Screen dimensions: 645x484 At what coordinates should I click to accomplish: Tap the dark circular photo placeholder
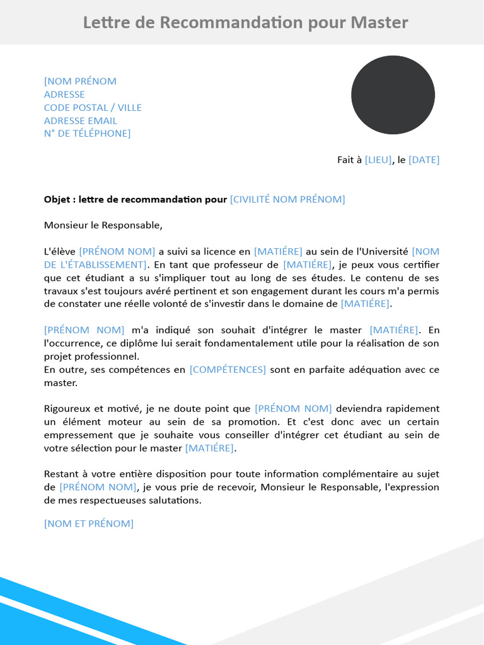(393, 95)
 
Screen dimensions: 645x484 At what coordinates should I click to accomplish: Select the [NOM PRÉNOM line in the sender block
(80, 81)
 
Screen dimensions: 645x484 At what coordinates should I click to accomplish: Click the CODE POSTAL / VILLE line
(93, 108)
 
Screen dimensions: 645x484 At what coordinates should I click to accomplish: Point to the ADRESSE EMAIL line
(80, 121)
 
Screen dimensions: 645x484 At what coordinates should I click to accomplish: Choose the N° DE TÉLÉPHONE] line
(87, 134)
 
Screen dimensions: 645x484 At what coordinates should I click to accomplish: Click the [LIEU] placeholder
(378, 160)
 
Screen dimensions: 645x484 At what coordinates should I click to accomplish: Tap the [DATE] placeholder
(424, 160)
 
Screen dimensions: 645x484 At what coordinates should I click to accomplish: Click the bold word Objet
(57, 200)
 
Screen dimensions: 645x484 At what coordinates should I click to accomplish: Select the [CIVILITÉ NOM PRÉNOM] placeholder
(287, 200)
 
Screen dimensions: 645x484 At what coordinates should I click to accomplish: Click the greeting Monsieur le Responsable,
(103, 225)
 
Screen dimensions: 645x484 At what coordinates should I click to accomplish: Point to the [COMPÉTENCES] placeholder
(228, 370)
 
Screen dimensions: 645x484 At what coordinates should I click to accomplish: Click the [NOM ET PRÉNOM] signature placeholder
(89, 524)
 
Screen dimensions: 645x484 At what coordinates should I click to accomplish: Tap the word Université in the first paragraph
(385, 252)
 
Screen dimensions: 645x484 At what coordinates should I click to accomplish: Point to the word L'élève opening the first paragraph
(59, 252)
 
